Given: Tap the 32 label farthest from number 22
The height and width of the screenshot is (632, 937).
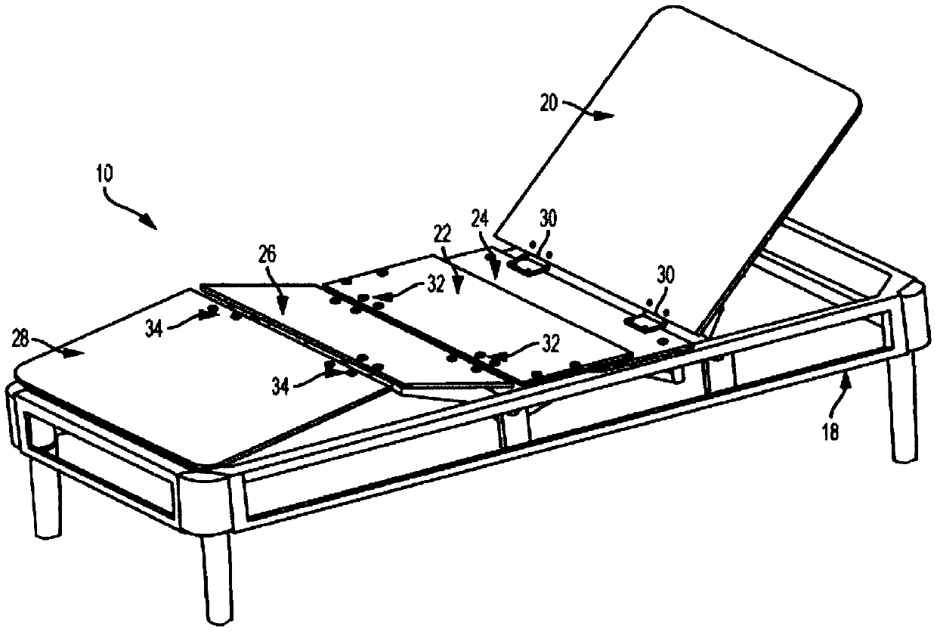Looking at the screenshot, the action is (x=550, y=345).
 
